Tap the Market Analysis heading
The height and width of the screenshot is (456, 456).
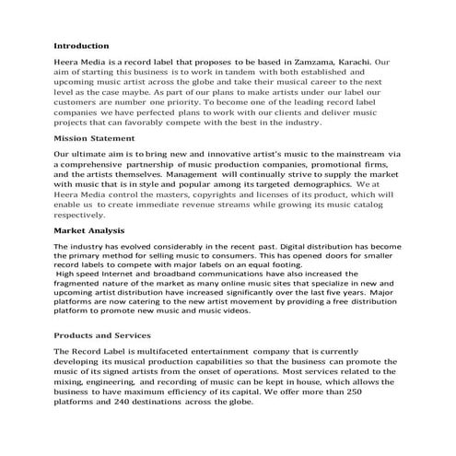(x=90, y=229)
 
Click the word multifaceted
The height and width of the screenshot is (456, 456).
(x=162, y=351)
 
